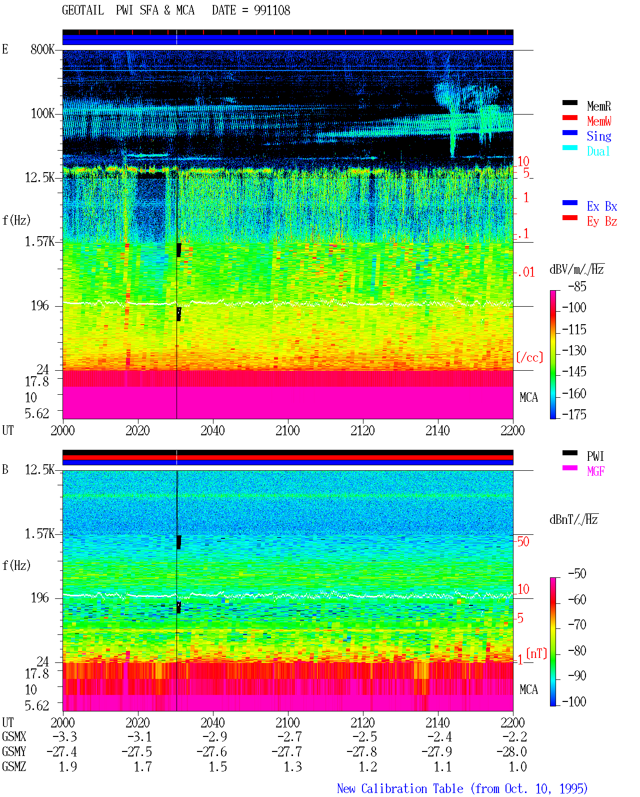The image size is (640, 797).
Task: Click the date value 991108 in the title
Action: tap(272, 11)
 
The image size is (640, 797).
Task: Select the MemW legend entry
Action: tap(599, 121)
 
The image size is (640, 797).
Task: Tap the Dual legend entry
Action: tap(598, 151)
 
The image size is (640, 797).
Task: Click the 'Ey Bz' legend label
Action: tap(602, 221)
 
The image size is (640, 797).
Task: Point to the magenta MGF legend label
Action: tap(595, 471)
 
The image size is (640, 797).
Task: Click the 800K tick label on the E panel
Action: tap(42, 49)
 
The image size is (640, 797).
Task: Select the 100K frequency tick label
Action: tap(42, 114)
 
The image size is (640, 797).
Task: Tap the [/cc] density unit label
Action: tap(529, 357)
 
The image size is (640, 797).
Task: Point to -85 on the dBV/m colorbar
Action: tap(577, 286)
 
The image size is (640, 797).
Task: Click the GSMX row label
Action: tap(14, 736)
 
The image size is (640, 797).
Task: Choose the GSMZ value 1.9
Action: tap(68, 766)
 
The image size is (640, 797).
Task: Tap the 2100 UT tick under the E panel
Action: tap(287, 430)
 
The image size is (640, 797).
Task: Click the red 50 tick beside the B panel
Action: tap(523, 541)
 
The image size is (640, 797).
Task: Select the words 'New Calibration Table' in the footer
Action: tap(400, 788)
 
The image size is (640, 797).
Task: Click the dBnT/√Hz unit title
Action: tap(573, 519)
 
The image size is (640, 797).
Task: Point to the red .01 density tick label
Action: tap(526, 272)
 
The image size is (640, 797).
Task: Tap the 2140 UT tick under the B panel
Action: tap(437, 722)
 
